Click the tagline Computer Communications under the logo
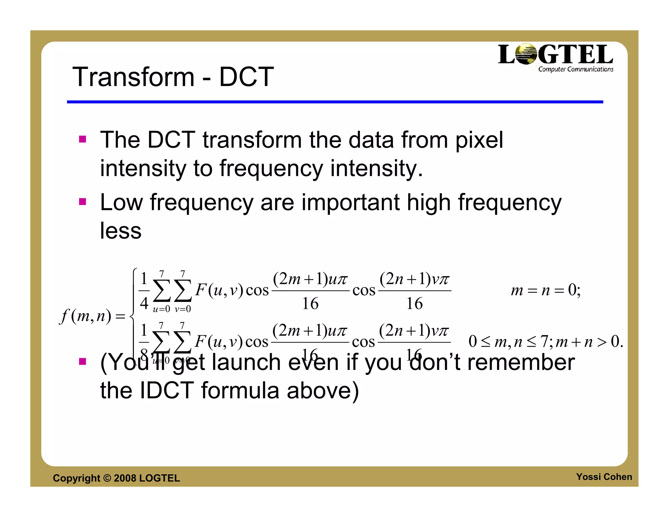576,69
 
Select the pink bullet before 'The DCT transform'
83,140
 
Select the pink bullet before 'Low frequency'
83,202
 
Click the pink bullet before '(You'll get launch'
83,361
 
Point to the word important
350,203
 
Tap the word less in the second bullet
121,231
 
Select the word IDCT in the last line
167,391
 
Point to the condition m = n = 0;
546,290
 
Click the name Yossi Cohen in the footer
604,477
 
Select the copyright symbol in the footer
107,478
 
